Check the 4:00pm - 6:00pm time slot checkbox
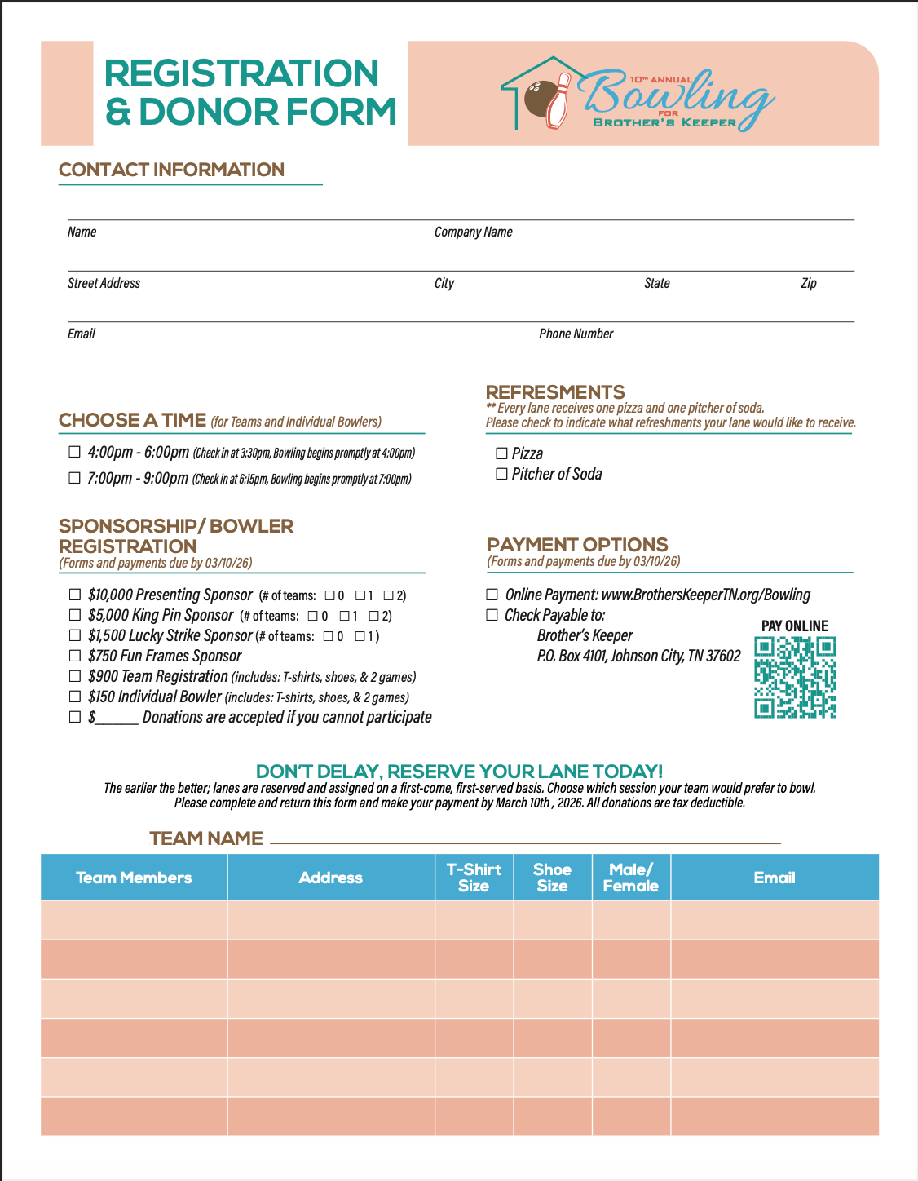[74, 452]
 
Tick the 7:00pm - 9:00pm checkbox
[74, 478]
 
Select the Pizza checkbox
[501, 453]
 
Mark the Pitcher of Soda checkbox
[501, 474]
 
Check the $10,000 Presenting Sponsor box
[74, 595]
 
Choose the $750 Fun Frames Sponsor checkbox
[74, 656]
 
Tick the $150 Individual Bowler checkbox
[74, 697]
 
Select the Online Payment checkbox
[492, 595]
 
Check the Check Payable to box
[492, 615]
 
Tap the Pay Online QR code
[795, 677]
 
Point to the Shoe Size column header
[552, 878]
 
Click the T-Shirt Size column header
[474, 878]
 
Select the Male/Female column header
[630, 878]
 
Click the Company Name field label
[473, 232]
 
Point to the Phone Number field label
[576, 334]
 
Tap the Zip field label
[808, 283]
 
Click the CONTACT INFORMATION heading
[171, 170]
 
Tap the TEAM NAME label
[206, 838]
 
